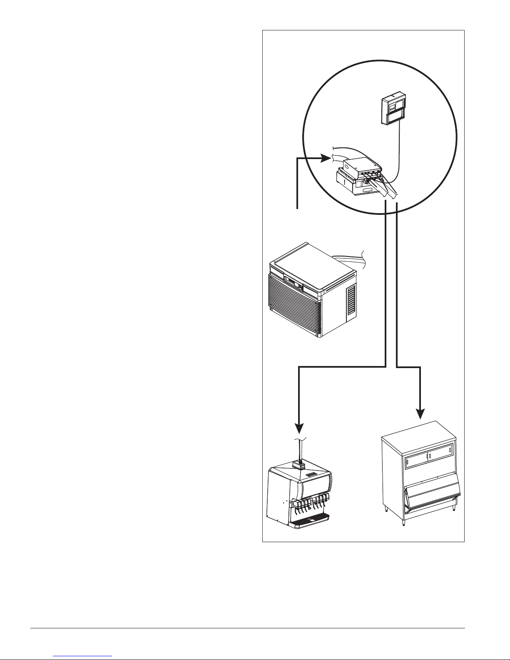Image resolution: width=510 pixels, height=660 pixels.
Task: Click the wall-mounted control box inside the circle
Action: point(393,109)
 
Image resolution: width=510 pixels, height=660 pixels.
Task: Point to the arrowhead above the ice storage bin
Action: point(421,413)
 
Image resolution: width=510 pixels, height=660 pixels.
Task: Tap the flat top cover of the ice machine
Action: point(312,262)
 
